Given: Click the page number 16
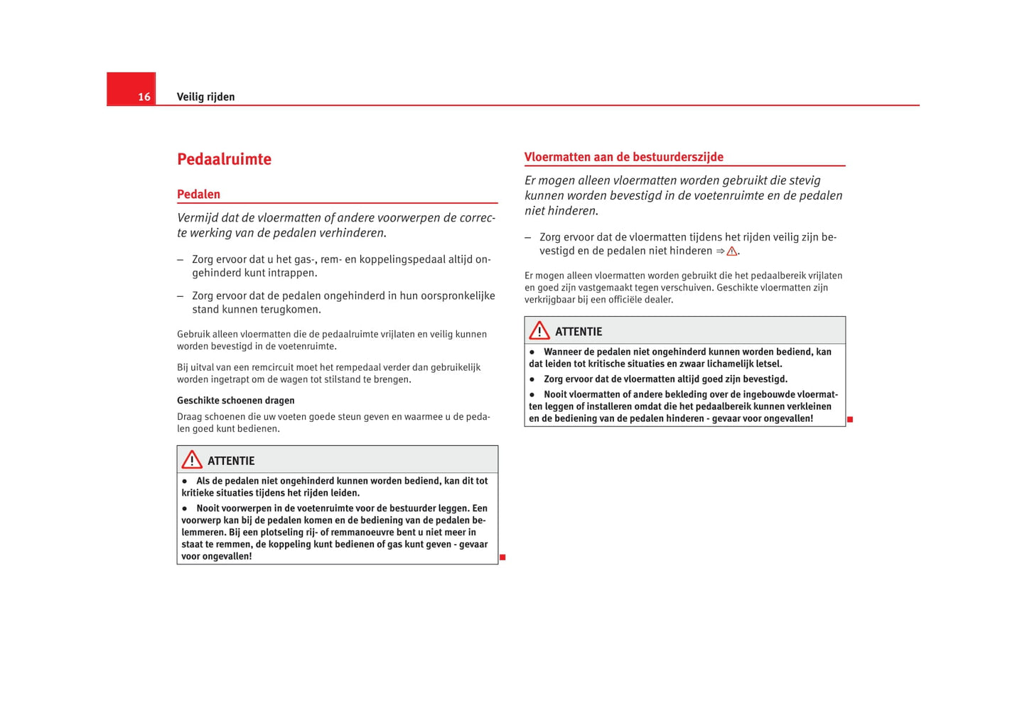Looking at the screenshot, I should pyautogui.click(x=144, y=97).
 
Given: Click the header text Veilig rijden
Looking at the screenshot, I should pyautogui.click(x=205, y=97).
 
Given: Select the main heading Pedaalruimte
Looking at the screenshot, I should pyautogui.click(x=224, y=159).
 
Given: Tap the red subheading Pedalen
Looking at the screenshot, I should pyautogui.click(x=198, y=194).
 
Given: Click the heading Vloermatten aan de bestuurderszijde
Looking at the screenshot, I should pyautogui.click(x=623, y=157).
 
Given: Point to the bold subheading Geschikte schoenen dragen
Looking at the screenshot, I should pyautogui.click(x=235, y=401).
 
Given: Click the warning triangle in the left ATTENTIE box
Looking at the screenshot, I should pyautogui.click(x=191, y=460).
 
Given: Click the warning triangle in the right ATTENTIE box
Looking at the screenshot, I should pyautogui.click(x=539, y=331).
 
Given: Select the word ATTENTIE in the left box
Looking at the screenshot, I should pyautogui.click(x=231, y=461).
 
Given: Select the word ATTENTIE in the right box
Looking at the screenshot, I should pyautogui.click(x=579, y=332).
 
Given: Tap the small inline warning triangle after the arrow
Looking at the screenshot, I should pyautogui.click(x=731, y=251).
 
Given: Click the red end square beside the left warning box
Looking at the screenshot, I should pyautogui.click(x=502, y=558).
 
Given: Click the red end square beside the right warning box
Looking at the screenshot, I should pyautogui.click(x=850, y=420).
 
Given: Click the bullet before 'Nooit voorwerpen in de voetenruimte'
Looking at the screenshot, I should pyautogui.click(x=185, y=509).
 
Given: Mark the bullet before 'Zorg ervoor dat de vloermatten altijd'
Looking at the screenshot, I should pyautogui.click(x=532, y=379).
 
